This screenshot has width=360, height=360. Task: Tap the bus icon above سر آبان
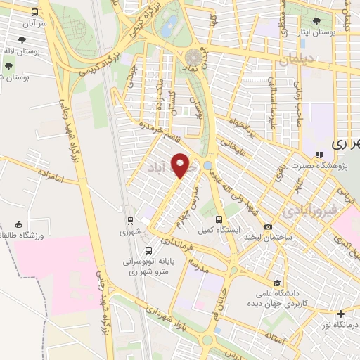pyautogui.click(x=36, y=12)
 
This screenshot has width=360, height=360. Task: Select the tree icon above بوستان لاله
pyautogui.click(x=9, y=66)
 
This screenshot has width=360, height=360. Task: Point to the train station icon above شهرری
pyautogui.click(x=130, y=221)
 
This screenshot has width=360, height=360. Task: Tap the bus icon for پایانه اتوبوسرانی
pyautogui.click(x=148, y=251)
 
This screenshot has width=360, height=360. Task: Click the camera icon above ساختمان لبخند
pyautogui.click(x=268, y=226)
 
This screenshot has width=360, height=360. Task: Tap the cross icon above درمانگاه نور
pyautogui.click(x=341, y=313)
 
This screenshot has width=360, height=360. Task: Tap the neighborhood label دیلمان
pyautogui.click(x=293, y=62)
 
